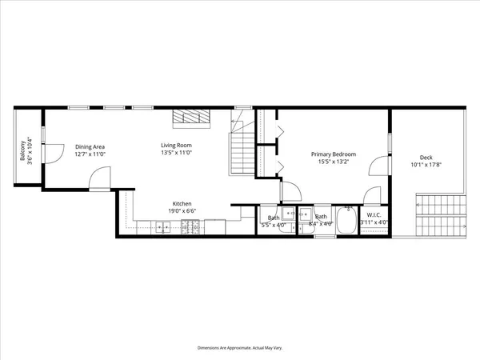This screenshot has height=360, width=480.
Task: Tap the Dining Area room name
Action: point(90,146)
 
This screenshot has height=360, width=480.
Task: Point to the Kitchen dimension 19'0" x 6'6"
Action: point(182,211)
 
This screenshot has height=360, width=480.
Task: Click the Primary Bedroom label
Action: point(334,154)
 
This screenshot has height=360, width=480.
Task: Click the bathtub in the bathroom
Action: point(348,221)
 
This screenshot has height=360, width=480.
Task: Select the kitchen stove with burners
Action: point(190,228)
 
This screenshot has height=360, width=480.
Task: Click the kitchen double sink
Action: point(162,228)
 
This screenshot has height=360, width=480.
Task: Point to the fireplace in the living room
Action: point(192,118)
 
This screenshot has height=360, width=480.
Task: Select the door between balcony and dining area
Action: point(52,150)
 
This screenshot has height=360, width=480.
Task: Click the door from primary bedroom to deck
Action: point(378,166)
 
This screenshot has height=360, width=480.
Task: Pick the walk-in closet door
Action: point(372,196)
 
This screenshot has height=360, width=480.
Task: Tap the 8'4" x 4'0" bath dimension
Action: point(320,224)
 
